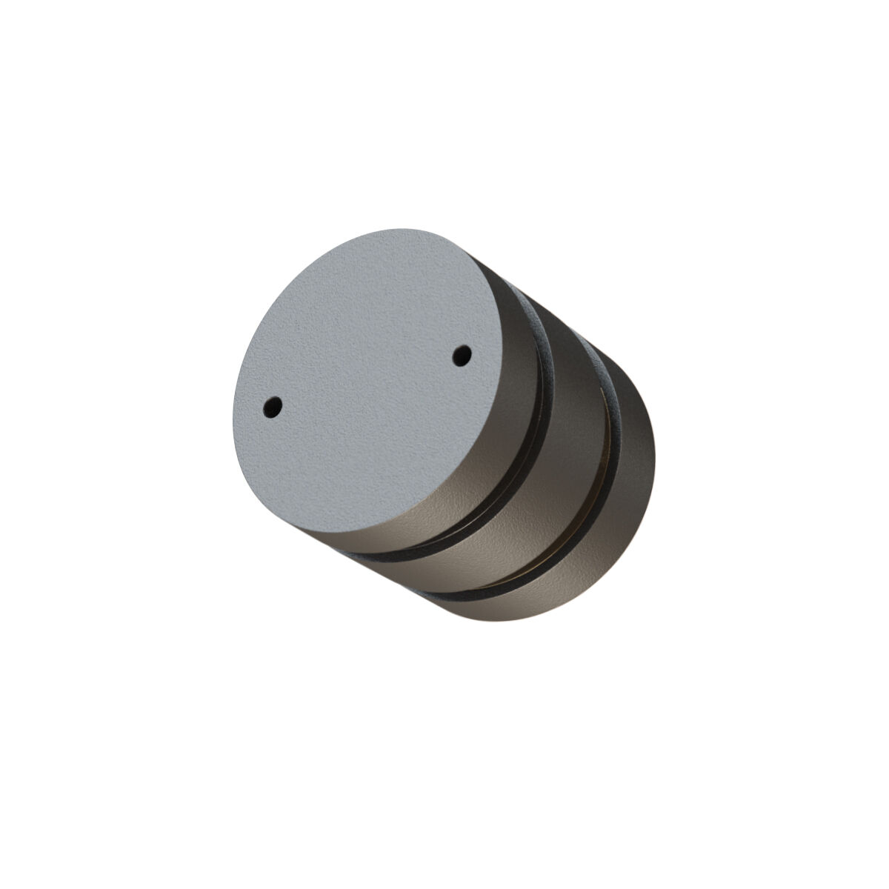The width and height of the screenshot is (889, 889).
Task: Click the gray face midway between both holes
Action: coord(368,381)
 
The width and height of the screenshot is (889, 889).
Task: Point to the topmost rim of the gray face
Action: coord(400,229)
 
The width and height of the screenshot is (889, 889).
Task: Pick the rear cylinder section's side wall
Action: coord(630,474)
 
